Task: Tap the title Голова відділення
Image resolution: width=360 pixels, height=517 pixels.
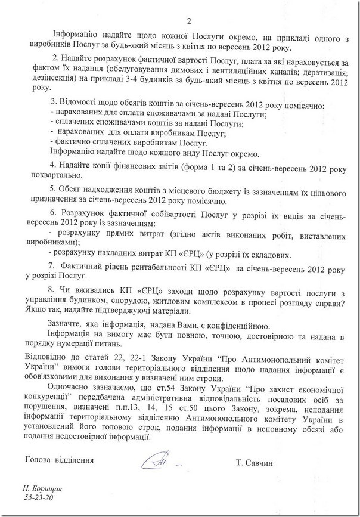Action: (60, 461)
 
